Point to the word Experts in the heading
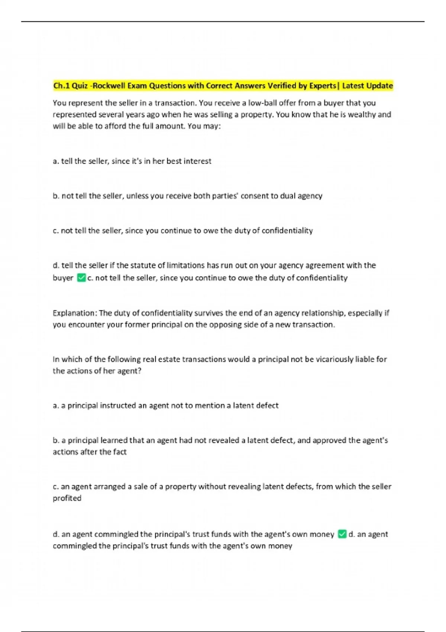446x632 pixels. [x=322, y=86]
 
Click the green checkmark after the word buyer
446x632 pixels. [x=81, y=278]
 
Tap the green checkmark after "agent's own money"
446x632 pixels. [x=342, y=534]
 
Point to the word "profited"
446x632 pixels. [x=67, y=498]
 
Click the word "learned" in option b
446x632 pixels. [x=110, y=441]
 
